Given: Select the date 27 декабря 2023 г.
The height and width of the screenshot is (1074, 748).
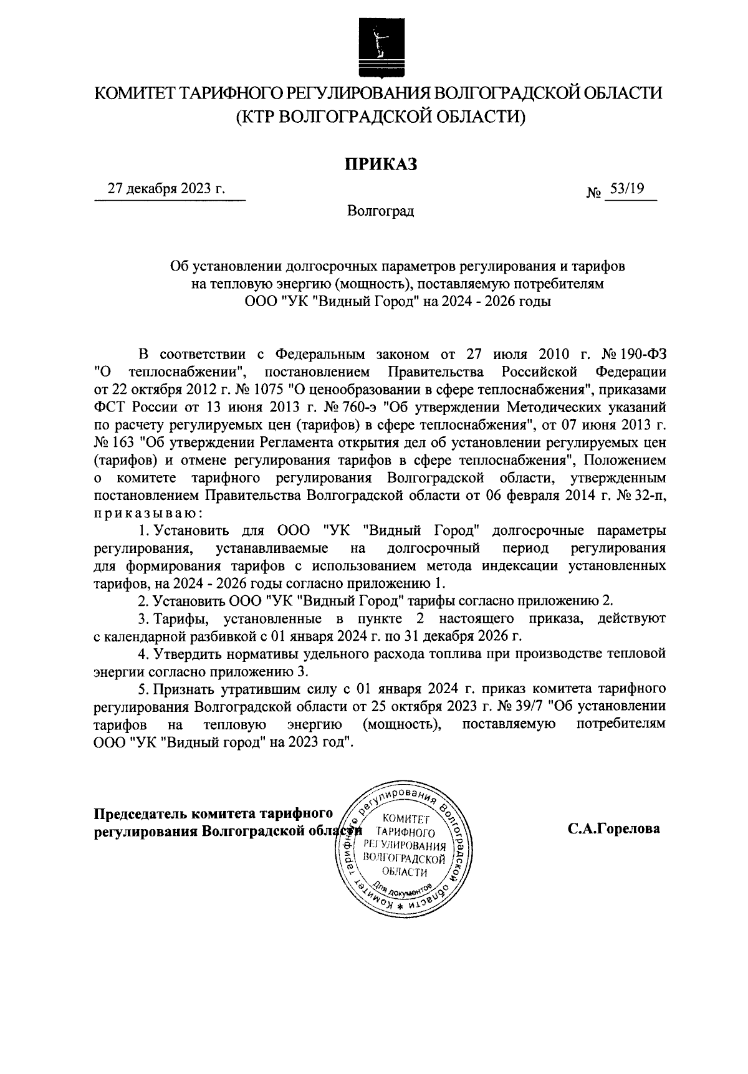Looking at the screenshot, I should pyautogui.click(x=166, y=189).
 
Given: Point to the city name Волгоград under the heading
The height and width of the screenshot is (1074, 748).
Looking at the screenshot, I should pyautogui.click(x=381, y=211).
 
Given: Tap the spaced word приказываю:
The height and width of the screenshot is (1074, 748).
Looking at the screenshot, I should pyautogui.click(x=148, y=513).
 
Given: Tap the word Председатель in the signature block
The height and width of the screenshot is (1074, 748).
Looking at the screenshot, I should pyautogui.click(x=141, y=813).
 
